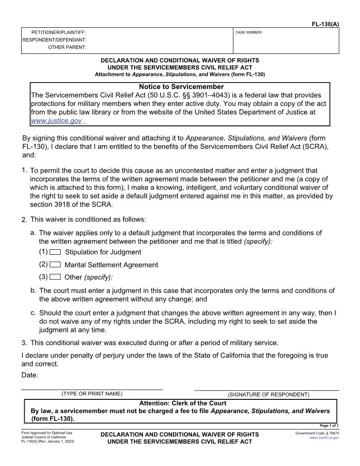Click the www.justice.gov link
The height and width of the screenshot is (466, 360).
pyautogui.click(x=56, y=120)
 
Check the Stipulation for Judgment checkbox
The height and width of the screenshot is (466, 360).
pyautogui.click(x=55, y=252)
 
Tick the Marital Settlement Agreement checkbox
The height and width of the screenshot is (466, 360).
pyautogui.click(x=55, y=265)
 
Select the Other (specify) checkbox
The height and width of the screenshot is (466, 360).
pyautogui.click(x=55, y=277)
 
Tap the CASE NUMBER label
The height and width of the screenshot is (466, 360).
pyautogui.click(x=249, y=32)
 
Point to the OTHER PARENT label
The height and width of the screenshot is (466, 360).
pyautogui.click(x=67, y=47)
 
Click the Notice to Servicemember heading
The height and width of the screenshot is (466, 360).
pyautogui.click(x=181, y=87)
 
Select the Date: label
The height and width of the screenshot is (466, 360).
pyautogui.click(x=30, y=375)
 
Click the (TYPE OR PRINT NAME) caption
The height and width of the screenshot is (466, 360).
pyautogui.click(x=92, y=394)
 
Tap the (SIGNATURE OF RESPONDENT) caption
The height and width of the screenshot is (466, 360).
pyautogui.click(x=268, y=395)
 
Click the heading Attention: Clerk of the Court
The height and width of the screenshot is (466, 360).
pyautogui.click(x=183, y=403)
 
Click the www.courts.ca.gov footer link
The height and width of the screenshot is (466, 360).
pyautogui.click(x=324, y=438)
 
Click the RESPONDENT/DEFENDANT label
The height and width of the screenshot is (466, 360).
pyautogui.click(x=54, y=40)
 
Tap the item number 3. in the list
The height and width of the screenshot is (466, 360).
pyautogui.click(x=24, y=342)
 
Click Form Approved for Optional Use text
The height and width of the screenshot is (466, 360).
pyautogui.click(x=47, y=433)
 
